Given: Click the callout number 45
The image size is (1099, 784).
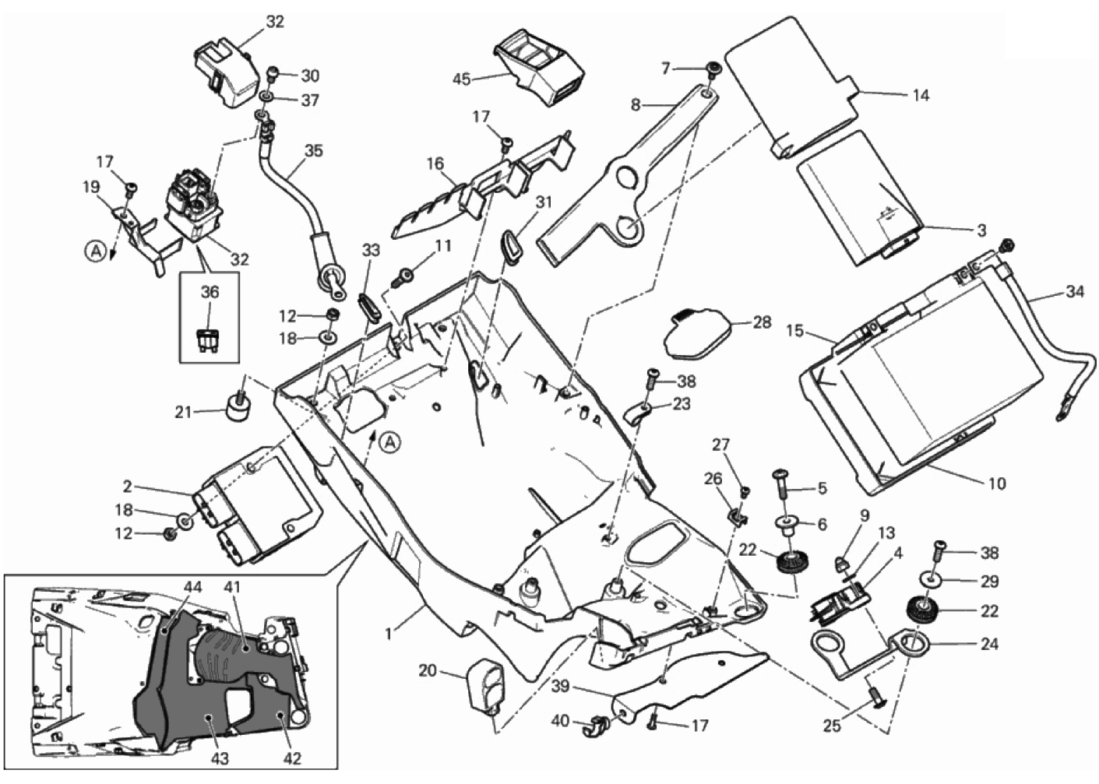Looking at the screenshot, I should (462, 79).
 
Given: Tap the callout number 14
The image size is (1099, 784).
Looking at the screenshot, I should (921, 96).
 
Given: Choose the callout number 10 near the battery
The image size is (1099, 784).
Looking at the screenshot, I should (997, 483).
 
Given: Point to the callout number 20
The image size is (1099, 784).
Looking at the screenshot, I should (428, 670).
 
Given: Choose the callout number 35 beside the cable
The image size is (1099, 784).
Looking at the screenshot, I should (314, 150).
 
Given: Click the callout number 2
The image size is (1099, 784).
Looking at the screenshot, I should (126, 488).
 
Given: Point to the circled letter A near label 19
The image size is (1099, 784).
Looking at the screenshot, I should (94, 251).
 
